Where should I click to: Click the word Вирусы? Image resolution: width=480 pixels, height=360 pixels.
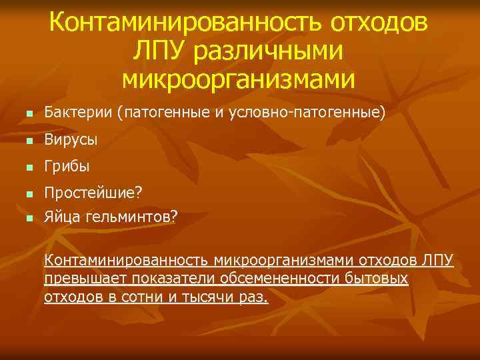(x=71, y=140)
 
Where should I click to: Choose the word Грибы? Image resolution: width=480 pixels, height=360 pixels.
(x=67, y=167)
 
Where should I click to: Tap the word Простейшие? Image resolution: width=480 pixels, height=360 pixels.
(x=93, y=193)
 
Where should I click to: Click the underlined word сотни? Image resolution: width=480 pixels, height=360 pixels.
(x=139, y=297)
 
